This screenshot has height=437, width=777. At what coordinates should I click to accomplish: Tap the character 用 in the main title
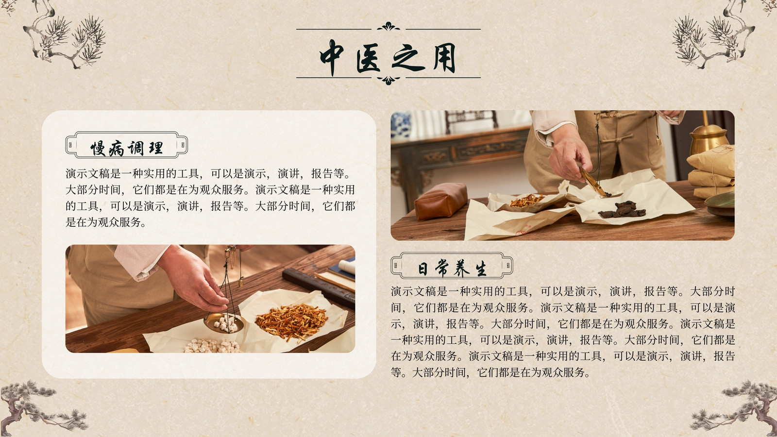point(444,58)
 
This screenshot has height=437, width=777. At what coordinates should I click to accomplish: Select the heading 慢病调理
point(127,149)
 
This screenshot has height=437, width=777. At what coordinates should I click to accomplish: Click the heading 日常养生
point(452,269)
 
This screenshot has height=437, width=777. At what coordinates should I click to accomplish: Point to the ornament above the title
point(388,26)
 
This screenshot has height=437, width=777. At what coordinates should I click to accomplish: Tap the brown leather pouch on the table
point(440,201)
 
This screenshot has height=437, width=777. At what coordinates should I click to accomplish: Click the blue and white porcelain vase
point(401,124)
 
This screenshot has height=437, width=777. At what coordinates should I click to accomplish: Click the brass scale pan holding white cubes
point(224,323)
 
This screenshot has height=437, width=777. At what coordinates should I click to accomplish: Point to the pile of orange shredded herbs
point(291,321)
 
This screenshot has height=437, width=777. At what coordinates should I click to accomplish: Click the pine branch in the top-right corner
point(714,34)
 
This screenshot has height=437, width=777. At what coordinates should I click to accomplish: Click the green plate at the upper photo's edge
point(720,204)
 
